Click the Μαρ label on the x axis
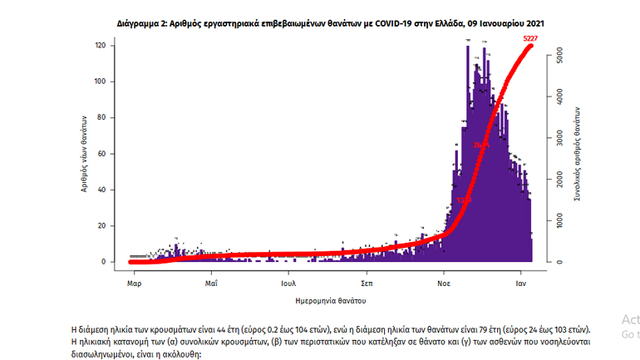[x=133, y=284]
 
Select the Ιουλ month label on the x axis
[x=289, y=284]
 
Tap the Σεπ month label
[x=366, y=284]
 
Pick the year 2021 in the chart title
[x=533, y=26]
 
